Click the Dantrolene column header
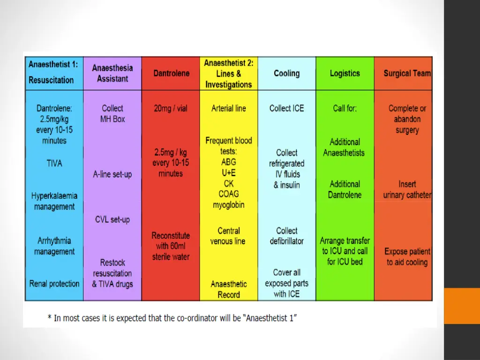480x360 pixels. pyautogui.click(x=171, y=74)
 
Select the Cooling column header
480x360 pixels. pyautogui.click(x=286, y=74)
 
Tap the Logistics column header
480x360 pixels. pyautogui.click(x=345, y=74)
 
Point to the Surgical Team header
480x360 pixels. pyautogui.click(x=407, y=74)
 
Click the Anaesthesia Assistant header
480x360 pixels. pyautogui.click(x=112, y=74)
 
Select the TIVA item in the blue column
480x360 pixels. pyautogui.click(x=54, y=164)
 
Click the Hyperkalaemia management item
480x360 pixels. pyautogui.click(x=54, y=201)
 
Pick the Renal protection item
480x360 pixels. pyautogui.click(x=54, y=284)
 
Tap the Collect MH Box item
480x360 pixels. pyautogui.click(x=112, y=113)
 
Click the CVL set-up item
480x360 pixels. pyautogui.click(x=112, y=219)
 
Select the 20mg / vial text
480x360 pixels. pyautogui.click(x=171, y=108)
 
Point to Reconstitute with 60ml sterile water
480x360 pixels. pyautogui.click(x=171, y=246)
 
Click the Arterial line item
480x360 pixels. pyautogui.click(x=229, y=108)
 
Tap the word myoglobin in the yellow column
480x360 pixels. pyautogui.click(x=229, y=205)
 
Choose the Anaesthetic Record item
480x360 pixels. pyautogui.click(x=229, y=289)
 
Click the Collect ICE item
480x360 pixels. pyautogui.click(x=286, y=108)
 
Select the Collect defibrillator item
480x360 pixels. pyautogui.click(x=286, y=236)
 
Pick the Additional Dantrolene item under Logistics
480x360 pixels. pyautogui.click(x=345, y=189)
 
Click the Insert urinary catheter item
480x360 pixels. pyautogui.click(x=407, y=189)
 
